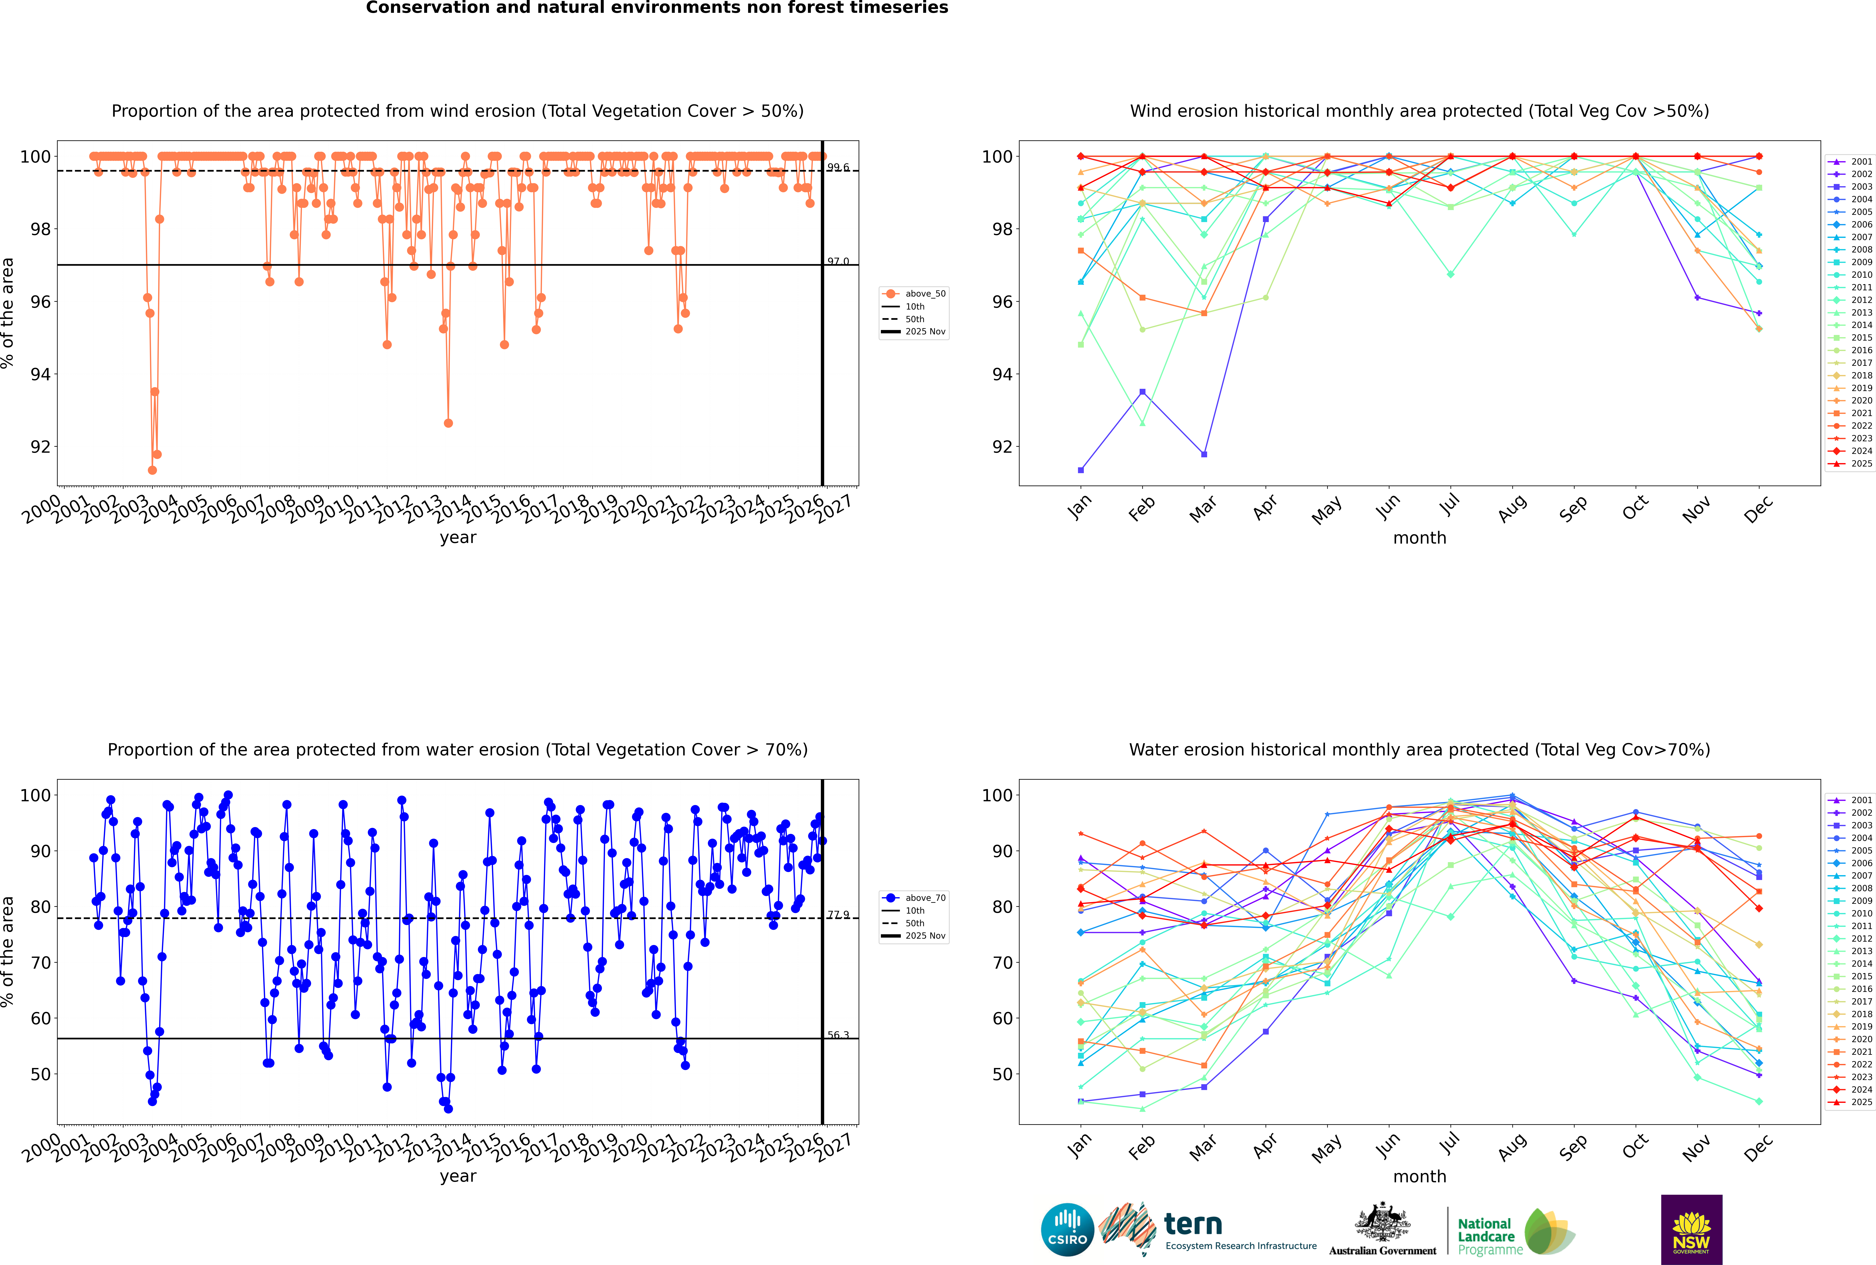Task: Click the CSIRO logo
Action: [1067, 1230]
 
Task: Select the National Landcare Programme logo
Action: [1515, 1232]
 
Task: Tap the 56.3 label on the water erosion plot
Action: [838, 1035]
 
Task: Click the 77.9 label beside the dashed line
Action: [838, 915]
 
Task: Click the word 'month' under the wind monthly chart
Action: [1419, 538]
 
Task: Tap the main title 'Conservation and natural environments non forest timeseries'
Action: [656, 8]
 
